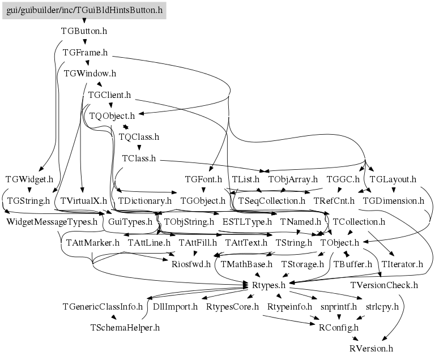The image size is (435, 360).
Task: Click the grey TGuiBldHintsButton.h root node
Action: pyautogui.click(x=84, y=10)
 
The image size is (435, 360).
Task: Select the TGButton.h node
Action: pyautogui.click(x=84, y=31)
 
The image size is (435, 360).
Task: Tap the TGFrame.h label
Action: pyautogui.click(x=86, y=52)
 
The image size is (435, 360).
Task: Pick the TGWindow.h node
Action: pyautogui.click(x=90, y=73)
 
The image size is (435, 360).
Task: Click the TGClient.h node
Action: pyautogui.click(x=110, y=95)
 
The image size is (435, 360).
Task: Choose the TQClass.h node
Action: pyautogui.click(x=139, y=136)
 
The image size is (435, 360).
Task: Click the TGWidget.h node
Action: pyautogui.click(x=29, y=179)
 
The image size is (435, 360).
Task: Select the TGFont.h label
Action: pyautogui.click(x=203, y=179)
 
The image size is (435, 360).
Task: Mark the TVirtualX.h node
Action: pyautogui.click(x=83, y=200)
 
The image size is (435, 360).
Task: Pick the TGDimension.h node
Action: pyautogui.click(x=393, y=200)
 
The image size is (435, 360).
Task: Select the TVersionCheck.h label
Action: pyautogui.click(x=384, y=285)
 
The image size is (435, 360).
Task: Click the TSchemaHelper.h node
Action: pyautogui.click(x=125, y=327)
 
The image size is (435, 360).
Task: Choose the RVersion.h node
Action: pyautogui.click(x=372, y=348)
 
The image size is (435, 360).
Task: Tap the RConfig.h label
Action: pyautogui.click(x=339, y=327)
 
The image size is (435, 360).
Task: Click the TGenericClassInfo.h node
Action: pyautogui.click(x=103, y=306)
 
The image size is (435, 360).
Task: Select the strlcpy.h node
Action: pyautogui.click(x=382, y=306)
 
